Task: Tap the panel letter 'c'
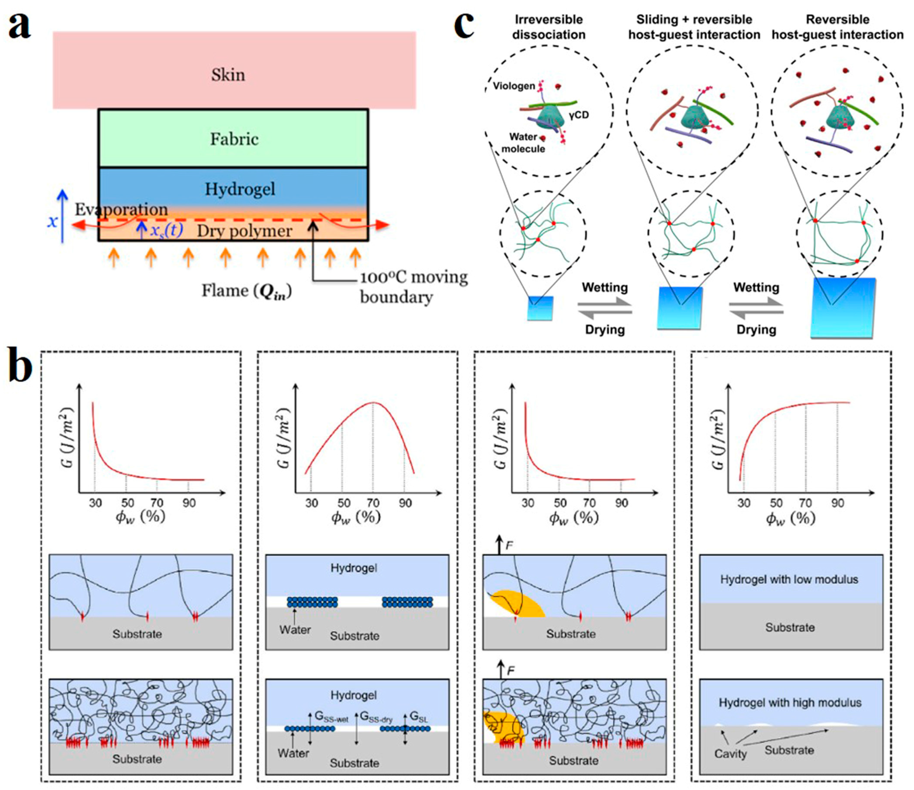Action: coord(464,25)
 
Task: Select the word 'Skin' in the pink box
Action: coord(228,74)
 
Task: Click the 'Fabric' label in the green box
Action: coord(234,139)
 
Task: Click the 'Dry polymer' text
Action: coord(244,231)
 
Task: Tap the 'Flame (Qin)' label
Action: coord(246,291)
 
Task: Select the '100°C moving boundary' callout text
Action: coord(413,287)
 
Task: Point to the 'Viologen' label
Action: coord(514,86)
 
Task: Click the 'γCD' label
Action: coord(578,115)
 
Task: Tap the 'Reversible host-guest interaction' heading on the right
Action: coord(837,27)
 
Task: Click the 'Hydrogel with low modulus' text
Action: coord(789,579)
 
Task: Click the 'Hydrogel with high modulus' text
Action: coord(790,703)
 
